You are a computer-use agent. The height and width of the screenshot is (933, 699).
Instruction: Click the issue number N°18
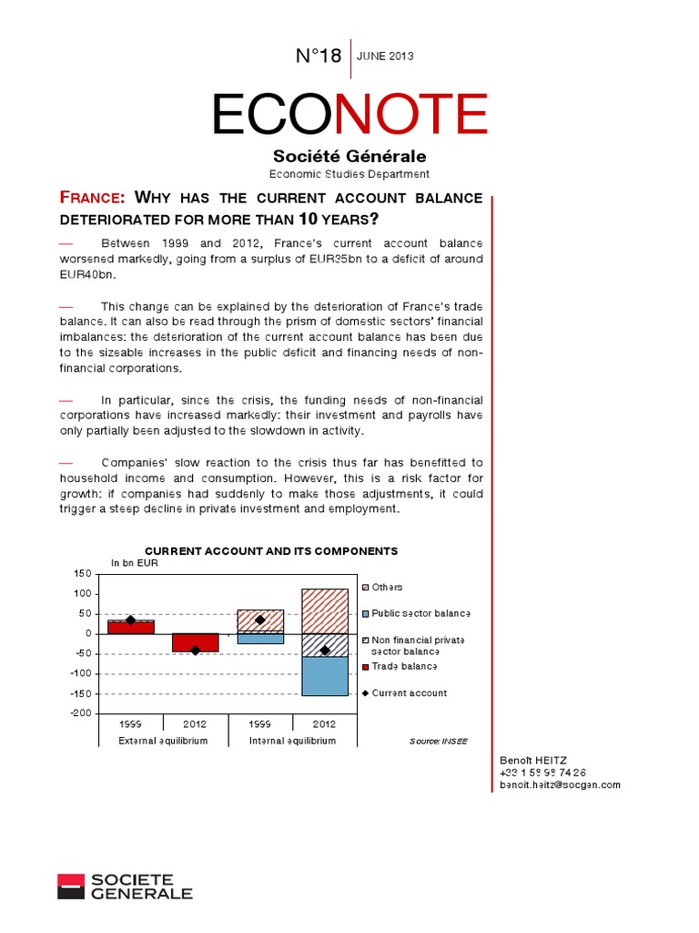(319, 56)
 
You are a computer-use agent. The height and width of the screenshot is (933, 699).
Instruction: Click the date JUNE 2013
(386, 56)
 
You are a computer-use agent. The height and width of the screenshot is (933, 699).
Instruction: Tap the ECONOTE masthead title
(349, 115)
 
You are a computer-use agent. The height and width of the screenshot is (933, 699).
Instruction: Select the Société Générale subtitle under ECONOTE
(349, 157)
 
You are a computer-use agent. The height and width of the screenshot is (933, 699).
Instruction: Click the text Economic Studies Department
(349, 174)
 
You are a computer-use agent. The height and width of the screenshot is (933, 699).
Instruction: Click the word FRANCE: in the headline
(93, 198)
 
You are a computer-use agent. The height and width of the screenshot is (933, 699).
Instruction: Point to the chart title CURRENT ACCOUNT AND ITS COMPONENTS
(271, 551)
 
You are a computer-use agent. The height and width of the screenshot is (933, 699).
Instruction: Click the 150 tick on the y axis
(83, 574)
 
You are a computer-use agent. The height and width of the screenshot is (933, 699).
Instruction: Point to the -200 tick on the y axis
(81, 713)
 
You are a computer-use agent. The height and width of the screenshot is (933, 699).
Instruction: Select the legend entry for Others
(387, 588)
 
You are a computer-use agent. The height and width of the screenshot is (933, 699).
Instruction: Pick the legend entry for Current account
(409, 693)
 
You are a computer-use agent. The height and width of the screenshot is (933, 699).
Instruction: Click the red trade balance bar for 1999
(131, 627)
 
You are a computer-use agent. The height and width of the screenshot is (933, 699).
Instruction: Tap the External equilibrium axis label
(164, 741)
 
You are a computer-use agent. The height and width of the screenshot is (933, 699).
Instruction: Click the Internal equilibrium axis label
(292, 741)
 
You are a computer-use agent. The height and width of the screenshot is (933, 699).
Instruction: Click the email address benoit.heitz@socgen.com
(560, 784)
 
